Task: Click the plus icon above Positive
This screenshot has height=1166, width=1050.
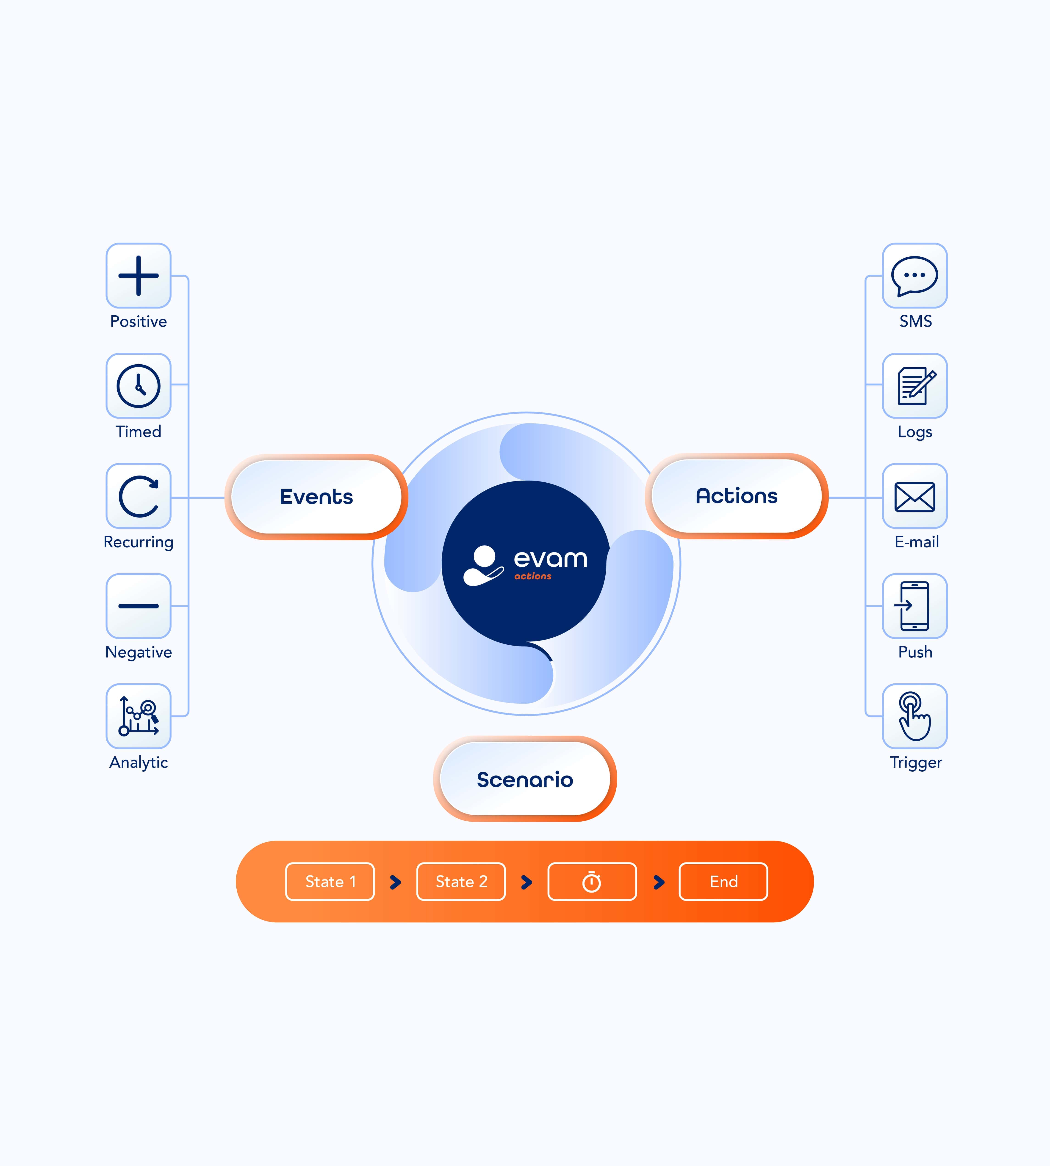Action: [139, 276]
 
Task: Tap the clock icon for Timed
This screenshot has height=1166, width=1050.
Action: [139, 386]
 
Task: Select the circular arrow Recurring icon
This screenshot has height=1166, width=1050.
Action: [139, 496]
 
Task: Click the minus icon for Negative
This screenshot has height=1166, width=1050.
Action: [139, 606]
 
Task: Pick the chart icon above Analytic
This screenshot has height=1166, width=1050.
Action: [139, 716]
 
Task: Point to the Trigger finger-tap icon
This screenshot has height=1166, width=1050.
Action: [915, 716]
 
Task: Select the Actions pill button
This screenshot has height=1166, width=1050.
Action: [737, 496]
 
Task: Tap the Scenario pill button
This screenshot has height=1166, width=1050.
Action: [525, 779]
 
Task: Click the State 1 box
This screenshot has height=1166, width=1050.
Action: [330, 882]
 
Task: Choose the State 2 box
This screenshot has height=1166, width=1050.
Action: [461, 882]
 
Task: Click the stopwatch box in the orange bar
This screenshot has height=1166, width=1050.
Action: [592, 882]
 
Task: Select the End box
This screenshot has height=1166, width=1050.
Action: [723, 882]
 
